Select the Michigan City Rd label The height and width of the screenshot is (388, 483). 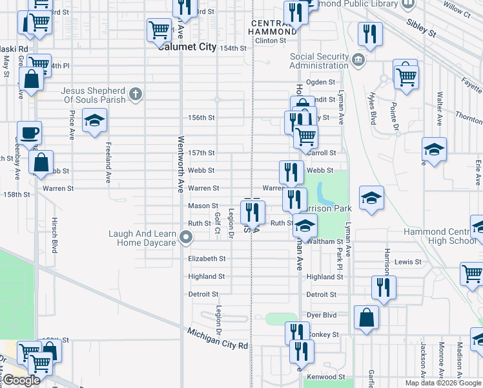tap(218, 339)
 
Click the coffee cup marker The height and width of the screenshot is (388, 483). tap(30, 133)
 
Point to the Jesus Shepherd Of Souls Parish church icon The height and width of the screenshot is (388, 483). tap(136, 95)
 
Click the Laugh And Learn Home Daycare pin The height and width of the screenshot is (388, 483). tap(187, 238)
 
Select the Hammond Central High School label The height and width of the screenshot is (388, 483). tap(440, 237)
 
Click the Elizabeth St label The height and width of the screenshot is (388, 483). tap(207, 259)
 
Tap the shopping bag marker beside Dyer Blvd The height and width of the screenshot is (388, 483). tap(367, 318)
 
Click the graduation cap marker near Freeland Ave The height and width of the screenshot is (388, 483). tap(94, 120)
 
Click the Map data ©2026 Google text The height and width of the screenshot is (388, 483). tap(443, 383)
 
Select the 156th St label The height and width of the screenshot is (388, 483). tap(201, 118)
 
